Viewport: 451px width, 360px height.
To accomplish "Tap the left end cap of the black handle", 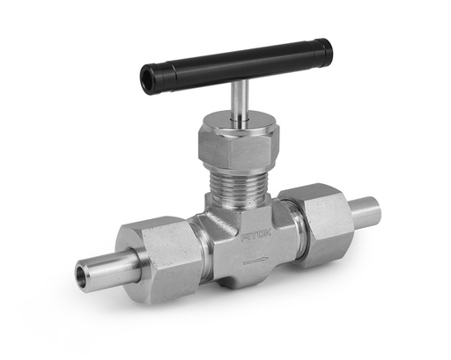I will pos(149,79).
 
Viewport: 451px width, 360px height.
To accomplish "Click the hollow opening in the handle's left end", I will pos(146,80).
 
